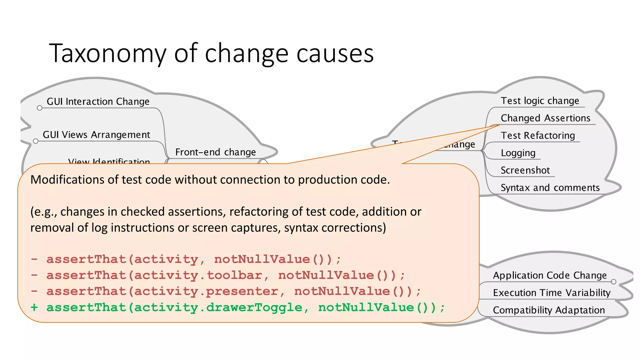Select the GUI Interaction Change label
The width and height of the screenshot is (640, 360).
tap(98, 102)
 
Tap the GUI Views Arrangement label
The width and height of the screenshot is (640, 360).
tap(96, 135)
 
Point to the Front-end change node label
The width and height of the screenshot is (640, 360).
tap(215, 152)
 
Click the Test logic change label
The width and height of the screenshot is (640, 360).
tap(540, 101)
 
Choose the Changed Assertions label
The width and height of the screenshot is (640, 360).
tap(545, 118)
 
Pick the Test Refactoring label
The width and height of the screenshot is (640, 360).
tap(537, 136)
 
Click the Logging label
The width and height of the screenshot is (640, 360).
tap(518, 153)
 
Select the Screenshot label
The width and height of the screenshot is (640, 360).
tap(525, 170)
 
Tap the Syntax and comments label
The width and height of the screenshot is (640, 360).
tap(550, 188)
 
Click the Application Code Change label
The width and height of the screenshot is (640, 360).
tap(550, 275)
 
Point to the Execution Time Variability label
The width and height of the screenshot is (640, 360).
tap(552, 293)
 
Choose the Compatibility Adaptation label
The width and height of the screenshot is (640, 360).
tap(549, 310)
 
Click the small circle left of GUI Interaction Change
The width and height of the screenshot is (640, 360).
tap(39, 108)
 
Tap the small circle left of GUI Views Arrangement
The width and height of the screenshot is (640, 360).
tap(36, 141)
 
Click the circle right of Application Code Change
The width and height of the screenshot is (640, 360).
tap(613, 282)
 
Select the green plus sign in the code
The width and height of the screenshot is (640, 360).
tap(34, 307)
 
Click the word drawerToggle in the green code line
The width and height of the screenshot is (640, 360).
tap(254, 307)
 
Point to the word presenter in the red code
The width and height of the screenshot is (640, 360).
tap(242, 292)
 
